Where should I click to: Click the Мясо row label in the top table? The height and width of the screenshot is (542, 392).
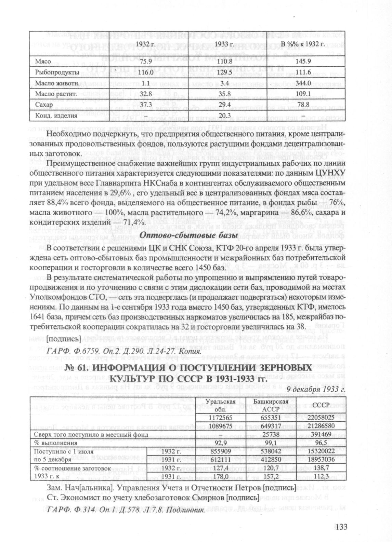tap(43, 62)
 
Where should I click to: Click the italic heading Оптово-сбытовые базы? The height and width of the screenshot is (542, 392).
tap(189, 236)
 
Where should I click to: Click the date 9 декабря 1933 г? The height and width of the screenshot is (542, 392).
tap(316, 390)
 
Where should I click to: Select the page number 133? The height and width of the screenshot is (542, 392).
tap(339, 527)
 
